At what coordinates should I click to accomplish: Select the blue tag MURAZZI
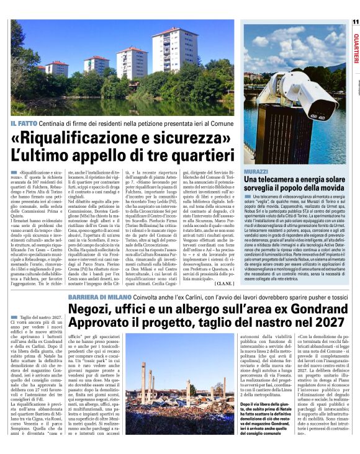coord(256,171)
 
